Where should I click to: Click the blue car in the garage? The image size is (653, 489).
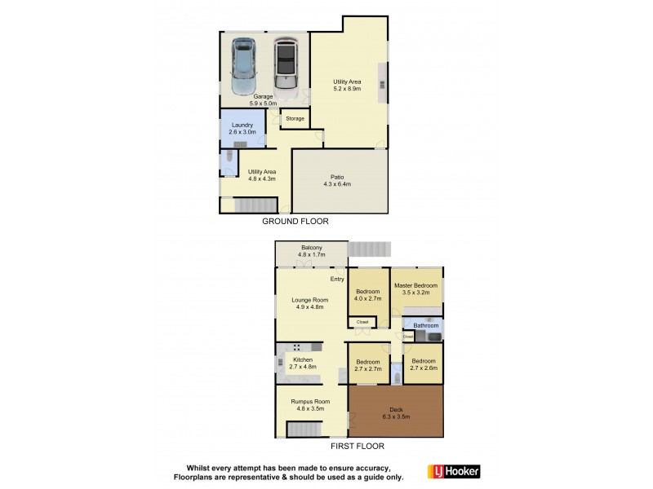[x=244, y=65]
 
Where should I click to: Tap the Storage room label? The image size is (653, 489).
[x=295, y=119]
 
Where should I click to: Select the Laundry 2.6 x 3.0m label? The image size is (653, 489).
[x=242, y=128]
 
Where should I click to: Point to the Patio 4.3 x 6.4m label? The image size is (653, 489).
[x=338, y=180]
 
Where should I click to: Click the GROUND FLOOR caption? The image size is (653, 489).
[x=294, y=221]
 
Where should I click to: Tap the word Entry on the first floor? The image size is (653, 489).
[x=336, y=280]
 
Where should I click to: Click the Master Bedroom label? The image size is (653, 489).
[x=416, y=289]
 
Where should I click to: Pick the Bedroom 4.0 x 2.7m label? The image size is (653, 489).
[x=368, y=294]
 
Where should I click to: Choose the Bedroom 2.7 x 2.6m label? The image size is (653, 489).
[x=424, y=364]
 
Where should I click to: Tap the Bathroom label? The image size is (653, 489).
[x=426, y=326]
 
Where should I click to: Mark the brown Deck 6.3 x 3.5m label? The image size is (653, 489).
[x=396, y=413]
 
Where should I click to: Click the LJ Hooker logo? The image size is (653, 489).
[x=454, y=471]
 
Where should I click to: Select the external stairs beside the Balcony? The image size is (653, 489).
[x=370, y=248]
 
